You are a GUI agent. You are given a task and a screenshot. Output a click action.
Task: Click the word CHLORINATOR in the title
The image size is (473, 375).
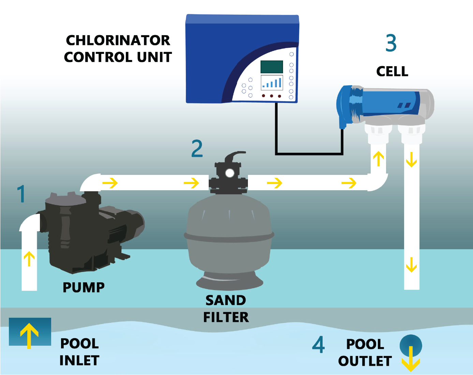coord(118,41)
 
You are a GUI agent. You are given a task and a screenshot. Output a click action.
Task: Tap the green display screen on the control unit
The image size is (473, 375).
coord(271,67)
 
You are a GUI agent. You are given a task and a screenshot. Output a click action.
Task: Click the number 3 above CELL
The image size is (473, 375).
coord(391,43)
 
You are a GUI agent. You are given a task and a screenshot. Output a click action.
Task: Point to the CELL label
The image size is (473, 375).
coord(392,72)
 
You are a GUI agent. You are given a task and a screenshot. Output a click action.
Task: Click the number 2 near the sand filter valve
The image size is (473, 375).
coord(197,149)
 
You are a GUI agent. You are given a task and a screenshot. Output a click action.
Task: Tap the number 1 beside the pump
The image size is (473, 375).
coord(21,194)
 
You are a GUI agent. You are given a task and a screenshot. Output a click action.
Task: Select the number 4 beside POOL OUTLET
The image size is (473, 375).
coord(318,345)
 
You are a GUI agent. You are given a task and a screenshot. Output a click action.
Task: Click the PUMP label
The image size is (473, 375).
coord(84,287)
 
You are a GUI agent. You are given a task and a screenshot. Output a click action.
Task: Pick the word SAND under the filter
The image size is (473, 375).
coord(225,300)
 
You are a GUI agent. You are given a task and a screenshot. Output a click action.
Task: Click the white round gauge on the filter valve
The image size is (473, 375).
coord(230,173)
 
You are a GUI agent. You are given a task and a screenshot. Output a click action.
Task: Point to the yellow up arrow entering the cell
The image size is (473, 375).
coord(378,159)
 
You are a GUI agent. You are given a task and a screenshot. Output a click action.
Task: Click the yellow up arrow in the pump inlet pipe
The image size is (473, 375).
coord(29,258)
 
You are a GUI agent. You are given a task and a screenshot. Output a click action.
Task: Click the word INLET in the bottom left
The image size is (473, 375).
coord(79,361)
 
